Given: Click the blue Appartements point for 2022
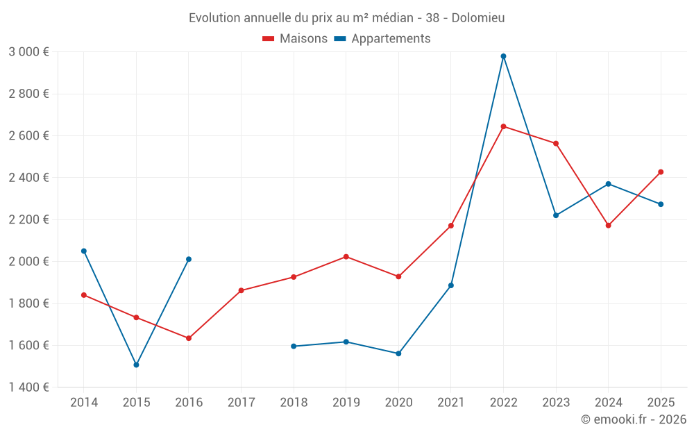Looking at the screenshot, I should [503, 56].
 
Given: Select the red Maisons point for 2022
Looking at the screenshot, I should [503, 126].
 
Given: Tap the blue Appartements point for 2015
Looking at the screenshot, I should [136, 365].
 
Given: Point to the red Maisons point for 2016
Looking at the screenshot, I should [189, 338].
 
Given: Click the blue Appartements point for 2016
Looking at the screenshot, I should [189, 259].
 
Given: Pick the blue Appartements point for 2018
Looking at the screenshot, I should [294, 346].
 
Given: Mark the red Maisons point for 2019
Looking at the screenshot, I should [346, 257].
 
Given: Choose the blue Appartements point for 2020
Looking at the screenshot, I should [398, 353].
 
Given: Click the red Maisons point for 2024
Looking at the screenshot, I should [608, 225].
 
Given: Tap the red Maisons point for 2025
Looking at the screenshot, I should [661, 172].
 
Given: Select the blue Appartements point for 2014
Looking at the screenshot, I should [84, 251].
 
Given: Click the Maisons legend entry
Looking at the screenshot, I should [295, 39].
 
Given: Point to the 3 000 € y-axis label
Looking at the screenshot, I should [28, 51].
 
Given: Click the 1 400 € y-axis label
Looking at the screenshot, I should [28, 387].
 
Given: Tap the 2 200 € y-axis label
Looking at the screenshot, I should [28, 219].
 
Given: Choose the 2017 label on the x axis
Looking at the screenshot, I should [241, 403].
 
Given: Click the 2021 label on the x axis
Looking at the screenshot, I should [450, 403].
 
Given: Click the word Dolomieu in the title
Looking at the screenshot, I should [478, 17].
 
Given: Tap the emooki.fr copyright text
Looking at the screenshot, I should [634, 419].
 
